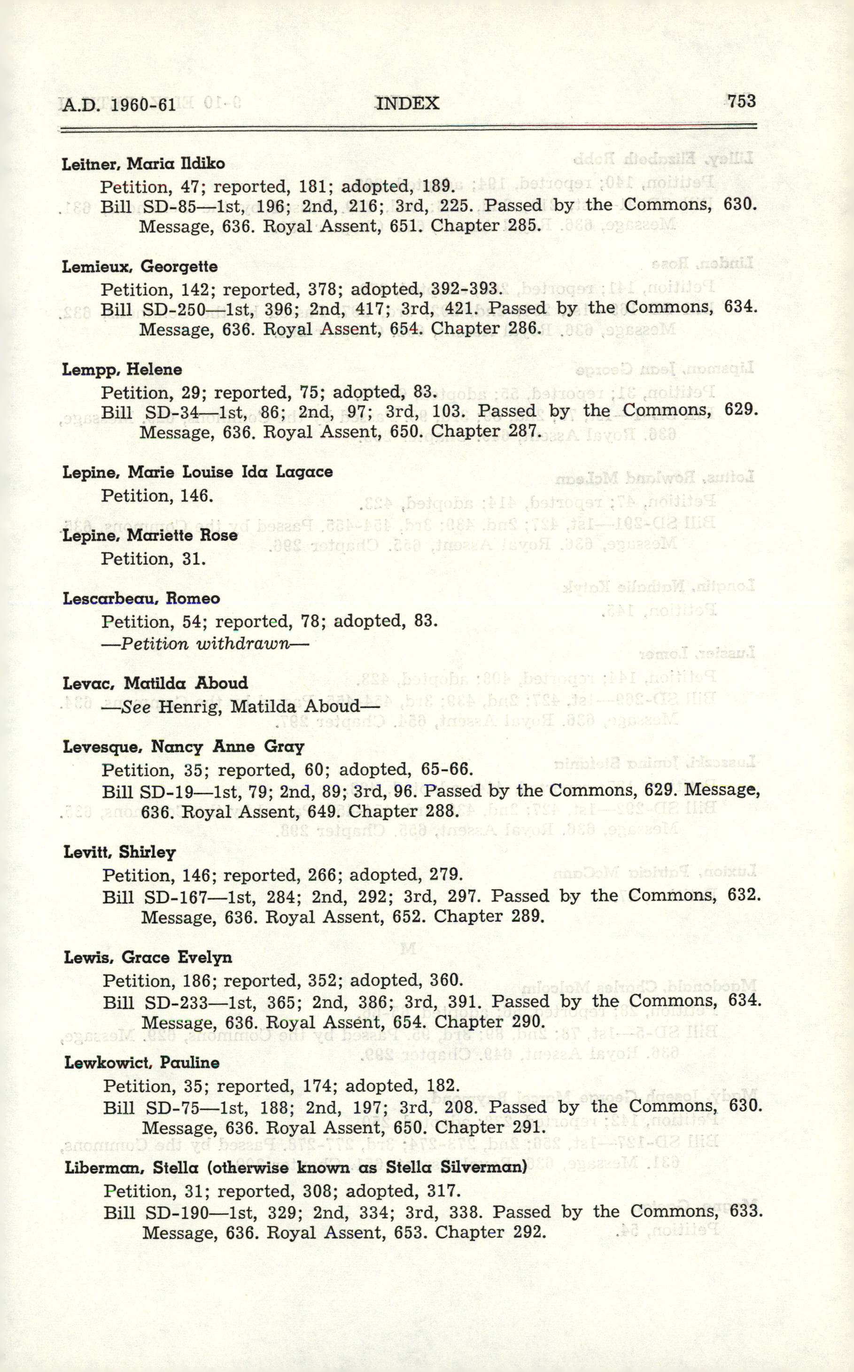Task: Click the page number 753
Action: click(x=741, y=101)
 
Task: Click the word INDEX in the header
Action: click(x=407, y=103)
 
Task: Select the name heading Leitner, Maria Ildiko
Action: click(x=143, y=164)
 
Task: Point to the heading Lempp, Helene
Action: click(x=122, y=370)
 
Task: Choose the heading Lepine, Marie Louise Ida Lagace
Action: click(x=198, y=472)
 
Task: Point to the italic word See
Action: click(x=136, y=707)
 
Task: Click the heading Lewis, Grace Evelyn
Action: click(x=148, y=958)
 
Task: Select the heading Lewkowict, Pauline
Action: click(x=142, y=1062)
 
